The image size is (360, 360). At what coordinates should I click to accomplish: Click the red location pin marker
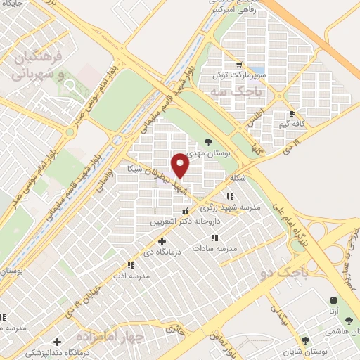181,165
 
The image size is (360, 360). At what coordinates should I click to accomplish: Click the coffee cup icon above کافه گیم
292,113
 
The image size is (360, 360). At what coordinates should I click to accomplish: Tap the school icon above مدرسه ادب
131,265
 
